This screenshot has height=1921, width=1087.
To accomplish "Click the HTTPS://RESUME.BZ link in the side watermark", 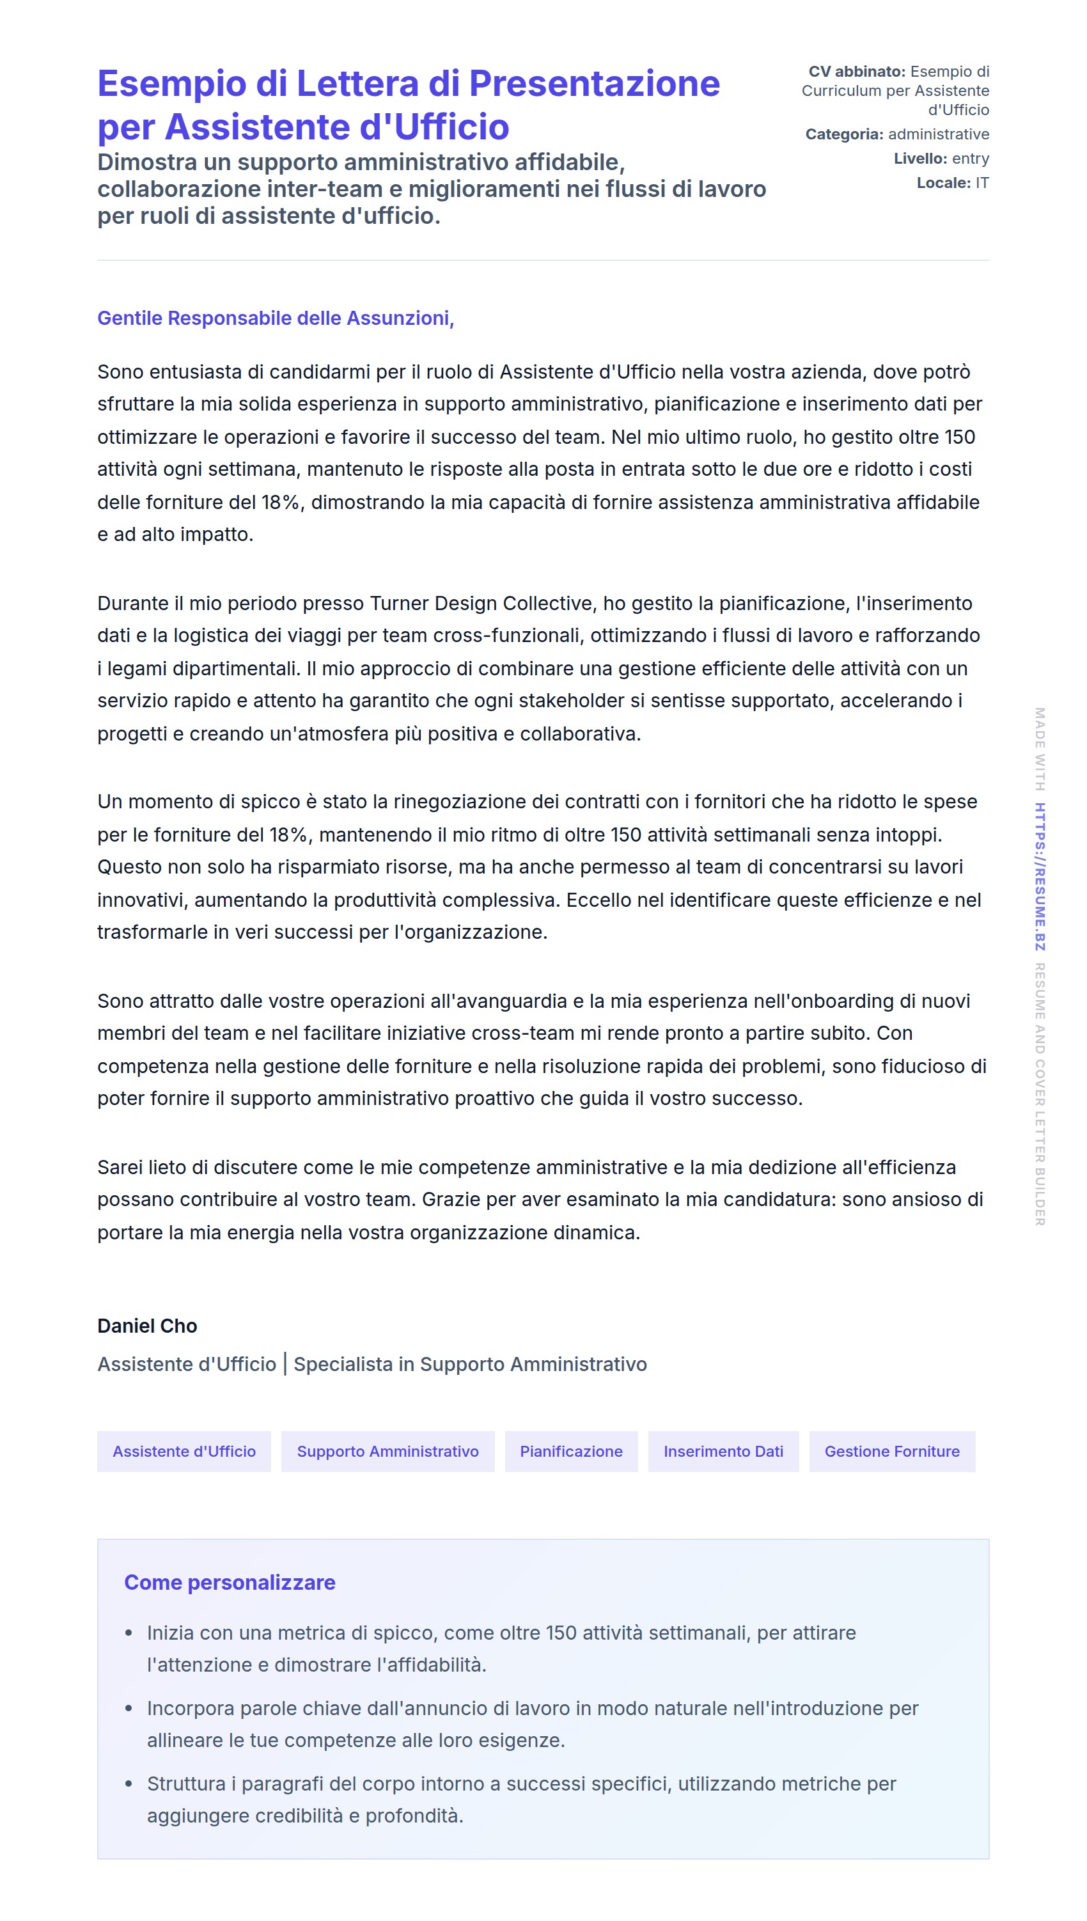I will point(1039,877).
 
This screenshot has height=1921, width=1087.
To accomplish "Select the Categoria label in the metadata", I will point(843,134).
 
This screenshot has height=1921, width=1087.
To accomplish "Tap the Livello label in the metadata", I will point(919,159).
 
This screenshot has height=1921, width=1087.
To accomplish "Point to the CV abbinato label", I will point(856,72).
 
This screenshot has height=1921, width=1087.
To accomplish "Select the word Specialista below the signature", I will point(343,1364).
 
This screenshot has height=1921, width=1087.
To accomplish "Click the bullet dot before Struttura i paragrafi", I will point(129,1784).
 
